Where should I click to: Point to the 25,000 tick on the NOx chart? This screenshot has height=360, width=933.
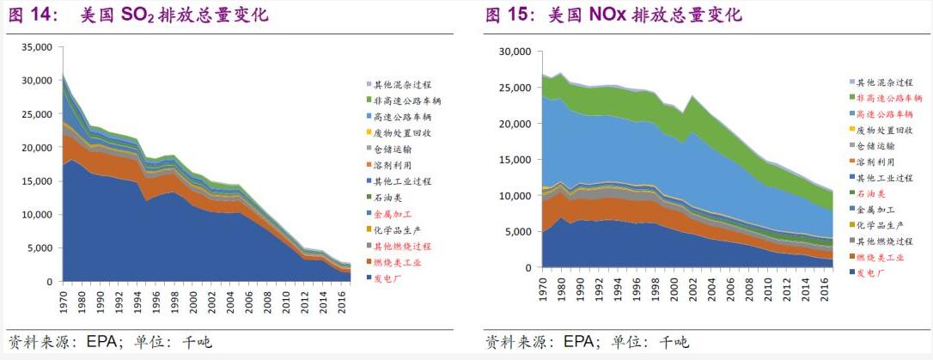point(515,88)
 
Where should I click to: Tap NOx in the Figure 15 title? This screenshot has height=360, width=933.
point(608,15)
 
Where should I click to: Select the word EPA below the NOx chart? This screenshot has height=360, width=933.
point(581,342)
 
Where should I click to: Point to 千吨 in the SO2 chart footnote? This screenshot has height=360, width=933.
point(197,342)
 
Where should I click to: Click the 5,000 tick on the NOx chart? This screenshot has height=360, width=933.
point(518,231)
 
